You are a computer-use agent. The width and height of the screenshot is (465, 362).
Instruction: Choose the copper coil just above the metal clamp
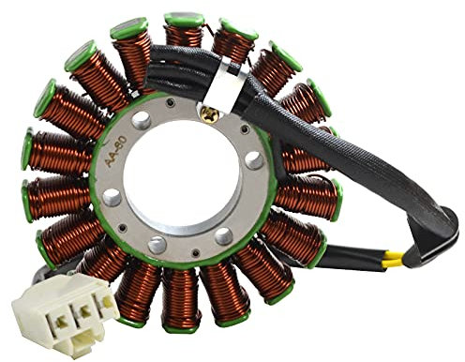pyautogui.click(x=232, y=47)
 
